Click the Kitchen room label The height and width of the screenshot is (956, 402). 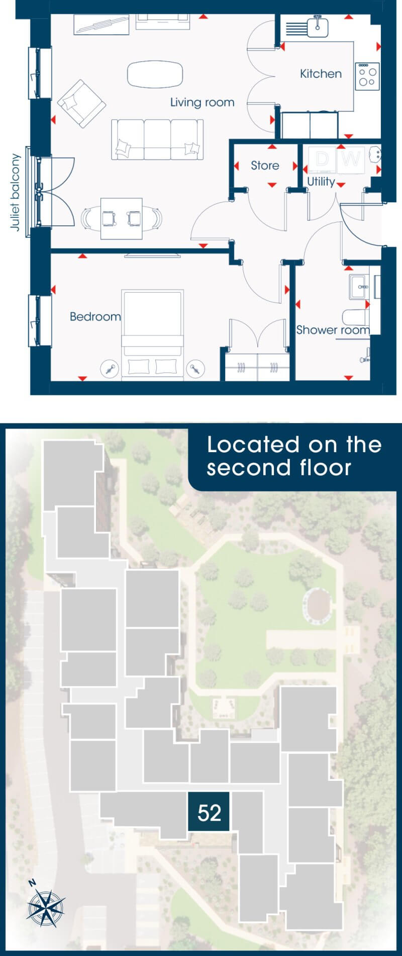(x=321, y=74)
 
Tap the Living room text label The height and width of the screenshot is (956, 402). (x=202, y=102)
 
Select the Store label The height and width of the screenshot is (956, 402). (x=265, y=166)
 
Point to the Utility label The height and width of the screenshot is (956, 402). (x=321, y=182)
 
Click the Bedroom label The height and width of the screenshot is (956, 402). (x=95, y=317)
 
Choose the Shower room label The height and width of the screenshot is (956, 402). (x=333, y=330)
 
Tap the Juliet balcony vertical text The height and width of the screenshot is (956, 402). (x=16, y=192)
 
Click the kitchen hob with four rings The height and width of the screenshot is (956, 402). (x=367, y=76)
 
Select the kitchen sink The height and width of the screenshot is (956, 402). (x=317, y=26)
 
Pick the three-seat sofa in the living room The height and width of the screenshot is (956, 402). (x=157, y=140)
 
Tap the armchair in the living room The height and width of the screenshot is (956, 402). (x=81, y=103)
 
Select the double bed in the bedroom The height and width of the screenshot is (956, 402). (x=152, y=334)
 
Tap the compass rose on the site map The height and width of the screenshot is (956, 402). (x=46, y=907)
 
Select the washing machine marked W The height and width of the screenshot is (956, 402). (x=352, y=160)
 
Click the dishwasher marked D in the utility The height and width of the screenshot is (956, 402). (x=322, y=160)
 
